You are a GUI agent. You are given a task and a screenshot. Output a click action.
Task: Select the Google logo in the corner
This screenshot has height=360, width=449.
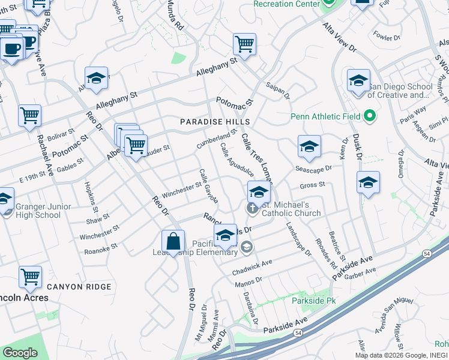coord(20,353)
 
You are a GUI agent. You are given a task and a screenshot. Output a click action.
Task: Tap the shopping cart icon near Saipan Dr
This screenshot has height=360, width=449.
coord(244,44)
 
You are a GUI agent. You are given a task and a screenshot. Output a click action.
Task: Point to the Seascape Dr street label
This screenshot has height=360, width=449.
coord(313,170)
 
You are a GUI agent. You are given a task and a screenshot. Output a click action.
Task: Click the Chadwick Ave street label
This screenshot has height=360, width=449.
coord(252,268)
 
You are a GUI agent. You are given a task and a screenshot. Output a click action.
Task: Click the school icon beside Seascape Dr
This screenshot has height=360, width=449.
coord(309,146)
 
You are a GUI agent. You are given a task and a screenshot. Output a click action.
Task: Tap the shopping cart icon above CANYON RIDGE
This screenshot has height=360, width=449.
coord(30,277)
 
